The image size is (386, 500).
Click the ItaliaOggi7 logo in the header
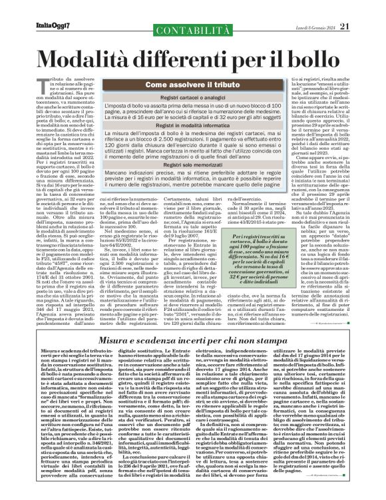38,8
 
